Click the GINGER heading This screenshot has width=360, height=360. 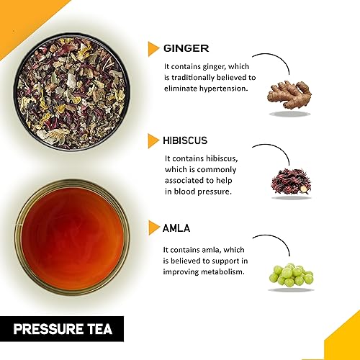[x=186, y=48]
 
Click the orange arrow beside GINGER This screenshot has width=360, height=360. [x=153, y=48]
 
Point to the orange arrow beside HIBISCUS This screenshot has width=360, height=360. [x=153, y=138]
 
